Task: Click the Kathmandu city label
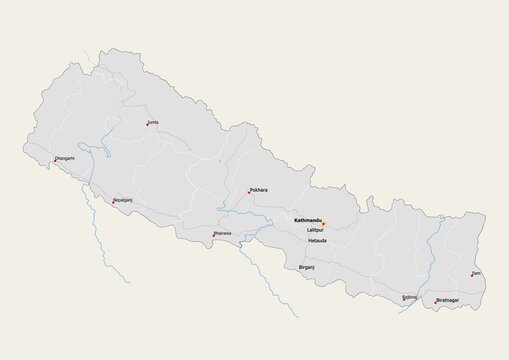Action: pyautogui.click(x=306, y=220)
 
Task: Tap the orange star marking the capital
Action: pyautogui.click(x=324, y=223)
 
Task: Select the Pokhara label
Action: pyautogui.click(x=260, y=188)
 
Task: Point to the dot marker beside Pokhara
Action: pyautogui.click(x=249, y=192)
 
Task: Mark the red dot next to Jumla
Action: pyautogui.click(x=146, y=125)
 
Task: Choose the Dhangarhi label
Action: pyautogui.click(x=64, y=158)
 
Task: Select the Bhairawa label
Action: pyautogui.click(x=222, y=233)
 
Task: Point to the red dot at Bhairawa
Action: pyautogui.click(x=214, y=236)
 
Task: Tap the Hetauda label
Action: pyautogui.click(x=318, y=241)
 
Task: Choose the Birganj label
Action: pyautogui.click(x=307, y=268)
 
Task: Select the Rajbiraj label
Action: pyautogui.click(x=410, y=296)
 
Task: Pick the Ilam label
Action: pyautogui.click(x=477, y=272)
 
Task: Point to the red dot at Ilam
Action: pyautogui.click(x=472, y=275)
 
